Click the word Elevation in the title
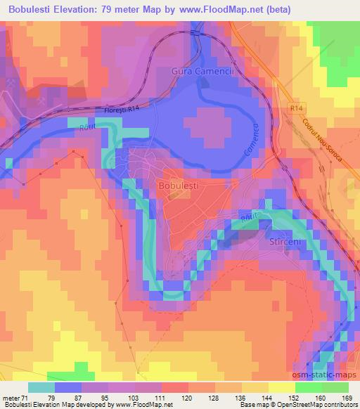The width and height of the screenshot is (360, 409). [x=79, y=9]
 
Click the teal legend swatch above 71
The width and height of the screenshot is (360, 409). [x=43, y=387]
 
